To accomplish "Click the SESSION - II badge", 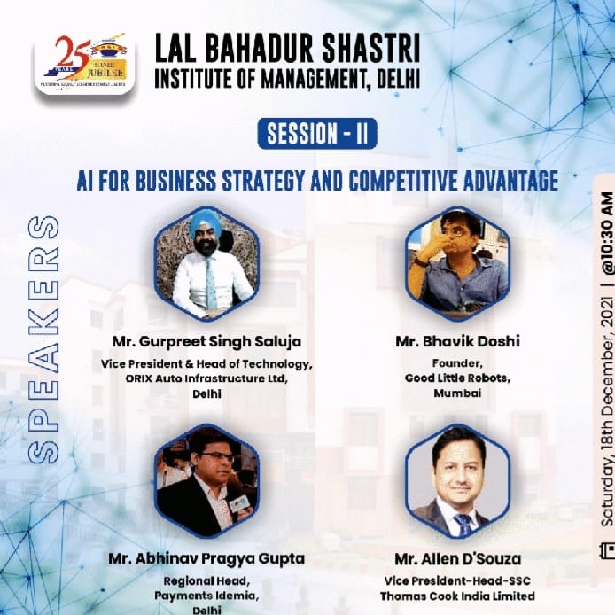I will (x=317, y=134).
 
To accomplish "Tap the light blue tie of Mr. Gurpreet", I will (x=211, y=284).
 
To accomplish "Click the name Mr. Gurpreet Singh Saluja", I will (x=206, y=341).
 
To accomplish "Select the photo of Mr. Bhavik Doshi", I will (x=457, y=263).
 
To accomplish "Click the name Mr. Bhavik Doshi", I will (x=456, y=341).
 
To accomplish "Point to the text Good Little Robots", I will (x=456, y=377).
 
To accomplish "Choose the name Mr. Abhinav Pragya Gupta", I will (x=206, y=559).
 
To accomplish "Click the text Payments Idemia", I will (x=206, y=595).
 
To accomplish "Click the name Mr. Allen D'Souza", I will (x=457, y=559).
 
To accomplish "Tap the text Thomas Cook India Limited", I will (x=457, y=596).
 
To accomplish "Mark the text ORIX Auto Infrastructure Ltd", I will (x=206, y=377).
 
